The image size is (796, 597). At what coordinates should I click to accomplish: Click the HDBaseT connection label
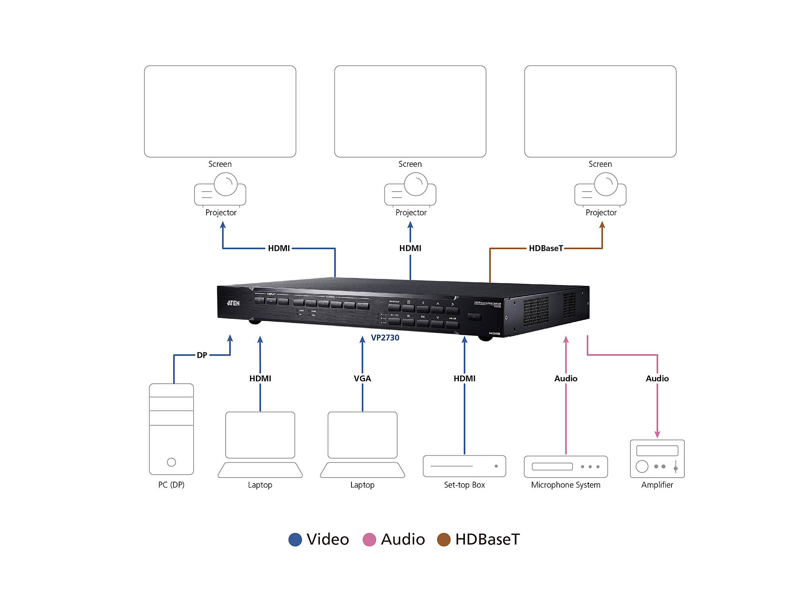pos(546,248)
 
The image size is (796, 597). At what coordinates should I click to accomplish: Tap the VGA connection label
pos(362,378)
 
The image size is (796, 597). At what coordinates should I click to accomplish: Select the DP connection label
pos(202,355)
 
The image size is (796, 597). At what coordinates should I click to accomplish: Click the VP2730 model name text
pos(385,338)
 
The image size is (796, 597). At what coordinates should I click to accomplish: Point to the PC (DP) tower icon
pos(171,429)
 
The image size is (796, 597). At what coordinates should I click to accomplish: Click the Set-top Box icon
pos(464,466)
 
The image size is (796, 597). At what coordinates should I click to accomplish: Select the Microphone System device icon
pos(566,466)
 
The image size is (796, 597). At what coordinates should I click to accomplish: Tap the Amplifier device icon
pos(657,458)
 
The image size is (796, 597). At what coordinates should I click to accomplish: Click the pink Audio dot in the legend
pos(369,540)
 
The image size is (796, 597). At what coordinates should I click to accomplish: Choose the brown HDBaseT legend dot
pos(444,540)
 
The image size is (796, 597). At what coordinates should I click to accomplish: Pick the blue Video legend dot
pos(295,540)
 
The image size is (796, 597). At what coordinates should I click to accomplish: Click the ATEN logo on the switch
pos(234,303)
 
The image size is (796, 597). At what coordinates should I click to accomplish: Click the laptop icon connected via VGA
pos(362,444)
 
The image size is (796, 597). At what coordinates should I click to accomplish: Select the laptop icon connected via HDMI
pos(260,444)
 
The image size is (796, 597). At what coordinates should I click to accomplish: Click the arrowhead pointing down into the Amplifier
pos(657,434)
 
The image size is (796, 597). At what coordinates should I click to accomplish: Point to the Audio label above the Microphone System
pos(566,378)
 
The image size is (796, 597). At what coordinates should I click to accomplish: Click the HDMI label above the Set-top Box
pos(464,378)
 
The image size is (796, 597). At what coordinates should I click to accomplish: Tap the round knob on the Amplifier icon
pos(642,466)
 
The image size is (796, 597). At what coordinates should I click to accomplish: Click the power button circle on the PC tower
pos(171,462)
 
